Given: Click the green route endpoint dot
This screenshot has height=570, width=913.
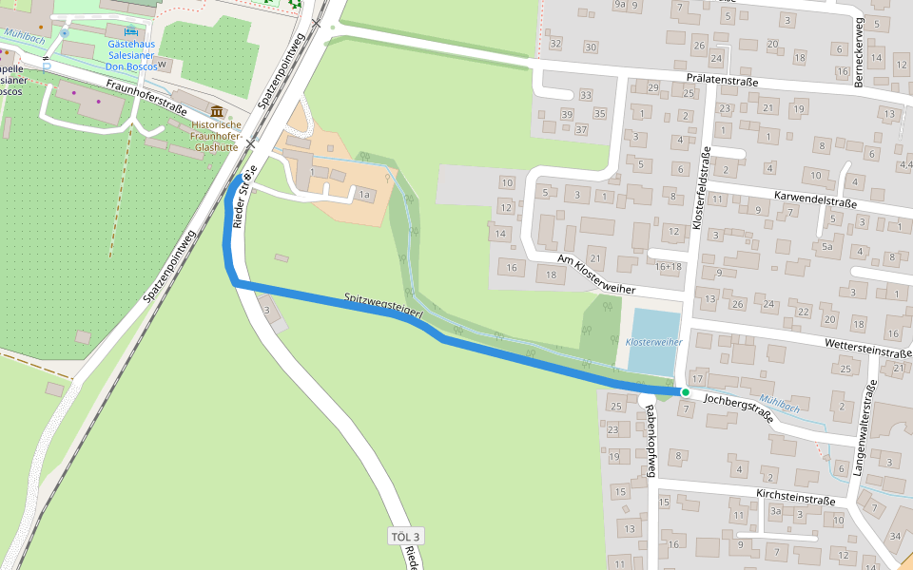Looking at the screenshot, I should click(x=685, y=391).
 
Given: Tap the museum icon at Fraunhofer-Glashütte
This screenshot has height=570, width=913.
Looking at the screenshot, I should click(x=218, y=112).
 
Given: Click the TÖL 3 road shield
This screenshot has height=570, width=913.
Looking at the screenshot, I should click(x=406, y=538).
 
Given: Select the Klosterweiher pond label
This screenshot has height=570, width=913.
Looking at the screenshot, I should click(x=654, y=341).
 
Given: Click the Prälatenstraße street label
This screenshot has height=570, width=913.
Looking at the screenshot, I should click(x=722, y=82).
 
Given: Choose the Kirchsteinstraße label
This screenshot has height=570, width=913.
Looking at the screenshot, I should click(x=796, y=499).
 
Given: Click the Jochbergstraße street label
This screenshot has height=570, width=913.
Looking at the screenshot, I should click(x=738, y=408).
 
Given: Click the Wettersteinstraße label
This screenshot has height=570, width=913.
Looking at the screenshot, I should click(x=869, y=351).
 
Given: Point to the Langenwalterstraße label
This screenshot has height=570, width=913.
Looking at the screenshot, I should click(x=865, y=427).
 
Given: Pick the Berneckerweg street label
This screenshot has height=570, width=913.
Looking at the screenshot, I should click(x=859, y=52).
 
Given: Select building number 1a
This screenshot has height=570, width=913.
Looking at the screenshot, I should click(x=363, y=195).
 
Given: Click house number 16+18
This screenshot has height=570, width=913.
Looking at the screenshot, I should click(x=668, y=267).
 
